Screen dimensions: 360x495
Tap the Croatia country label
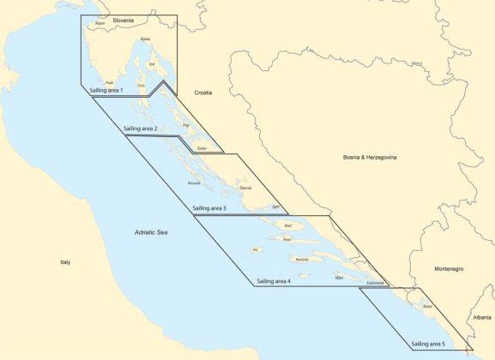click(203, 92)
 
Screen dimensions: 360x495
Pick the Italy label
click(64, 261)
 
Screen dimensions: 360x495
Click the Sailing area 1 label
click(106, 89)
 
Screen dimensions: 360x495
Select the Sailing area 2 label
click(141, 128)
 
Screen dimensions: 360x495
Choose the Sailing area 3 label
click(210, 208)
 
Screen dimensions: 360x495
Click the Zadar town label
click(202, 148)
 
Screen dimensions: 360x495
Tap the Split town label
click(275, 207)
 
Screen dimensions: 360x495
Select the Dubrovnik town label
click(374, 283)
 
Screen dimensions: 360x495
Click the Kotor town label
click(427, 306)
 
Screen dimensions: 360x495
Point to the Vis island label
click(255, 249)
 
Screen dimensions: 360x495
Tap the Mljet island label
click(339, 278)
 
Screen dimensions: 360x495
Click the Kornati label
click(194, 183)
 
